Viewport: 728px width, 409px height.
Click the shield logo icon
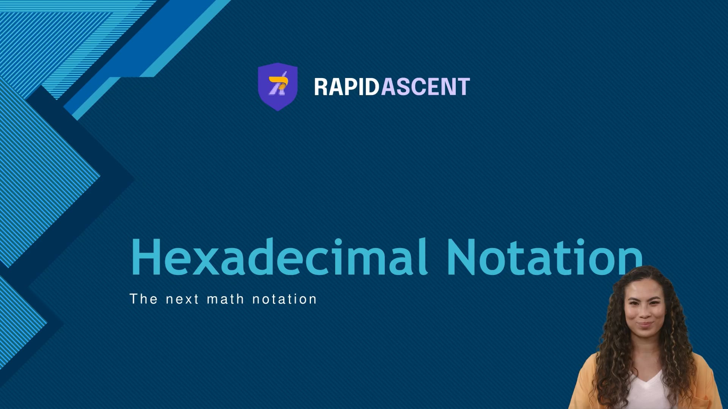coord(278,87)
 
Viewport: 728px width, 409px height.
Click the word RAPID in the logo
coord(346,87)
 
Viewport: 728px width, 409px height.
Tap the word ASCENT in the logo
coord(425,87)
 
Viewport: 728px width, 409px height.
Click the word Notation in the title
coord(544,257)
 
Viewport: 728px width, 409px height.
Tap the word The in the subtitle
coord(143,299)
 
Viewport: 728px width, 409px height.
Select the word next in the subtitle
coord(182,300)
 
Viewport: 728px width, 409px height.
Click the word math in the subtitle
coord(225,299)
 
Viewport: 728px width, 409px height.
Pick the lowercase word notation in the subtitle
coord(284,299)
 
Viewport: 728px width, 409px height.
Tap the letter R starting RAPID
coord(321,87)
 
